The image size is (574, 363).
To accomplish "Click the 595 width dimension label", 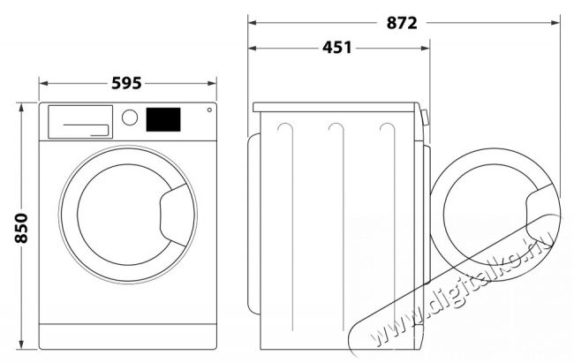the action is point(126,83).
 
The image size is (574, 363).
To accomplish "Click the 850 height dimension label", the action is point(21,228).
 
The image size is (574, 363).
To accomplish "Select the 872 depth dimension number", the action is point(402,23).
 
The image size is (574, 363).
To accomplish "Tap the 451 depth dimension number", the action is point(336,48).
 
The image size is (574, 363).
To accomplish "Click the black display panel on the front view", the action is point(163,119).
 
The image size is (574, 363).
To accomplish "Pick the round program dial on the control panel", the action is point(130,117).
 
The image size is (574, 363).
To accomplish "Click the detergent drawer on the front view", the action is point(80,122).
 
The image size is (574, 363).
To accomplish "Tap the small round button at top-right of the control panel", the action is point(209,110).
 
